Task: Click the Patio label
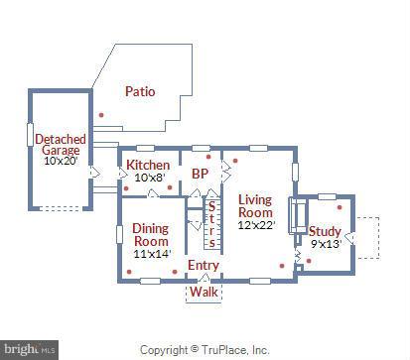(x=140, y=91)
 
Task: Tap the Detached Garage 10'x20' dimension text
(x=61, y=161)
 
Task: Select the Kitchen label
(x=148, y=165)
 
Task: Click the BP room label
(x=200, y=174)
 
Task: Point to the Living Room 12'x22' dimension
(x=256, y=225)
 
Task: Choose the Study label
(x=325, y=231)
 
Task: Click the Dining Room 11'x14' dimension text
(x=152, y=254)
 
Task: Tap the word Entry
(x=204, y=265)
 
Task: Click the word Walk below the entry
(x=204, y=292)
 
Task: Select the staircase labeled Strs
(x=211, y=225)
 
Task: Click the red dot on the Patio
(x=101, y=115)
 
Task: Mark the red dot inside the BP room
(x=208, y=157)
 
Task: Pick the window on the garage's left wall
(x=30, y=135)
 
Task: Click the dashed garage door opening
(x=61, y=208)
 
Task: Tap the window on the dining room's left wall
(x=119, y=234)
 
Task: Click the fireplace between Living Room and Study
(x=298, y=216)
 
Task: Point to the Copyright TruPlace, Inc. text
(x=205, y=350)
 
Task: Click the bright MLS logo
(x=30, y=350)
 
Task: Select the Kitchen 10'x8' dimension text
(x=150, y=178)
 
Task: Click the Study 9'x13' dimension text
(x=326, y=244)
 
